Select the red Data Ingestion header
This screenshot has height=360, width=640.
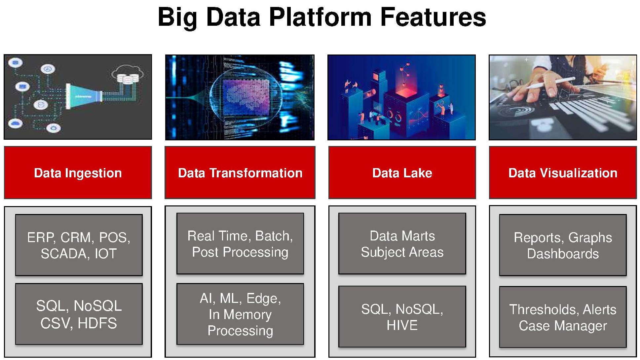78,173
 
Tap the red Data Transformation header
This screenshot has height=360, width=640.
240,173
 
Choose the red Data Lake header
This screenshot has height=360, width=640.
402,173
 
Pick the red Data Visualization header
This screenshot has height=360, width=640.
563,173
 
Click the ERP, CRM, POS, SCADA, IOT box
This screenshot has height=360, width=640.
79,245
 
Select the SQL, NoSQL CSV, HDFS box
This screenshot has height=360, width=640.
79,314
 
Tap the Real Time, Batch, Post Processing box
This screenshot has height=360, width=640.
240,244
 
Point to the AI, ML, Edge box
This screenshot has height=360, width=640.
240,314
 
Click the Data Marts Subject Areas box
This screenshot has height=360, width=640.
402,244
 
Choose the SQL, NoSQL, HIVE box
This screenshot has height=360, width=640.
402,317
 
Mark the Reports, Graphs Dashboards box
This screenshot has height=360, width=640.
563,245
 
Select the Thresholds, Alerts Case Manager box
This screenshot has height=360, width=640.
563,317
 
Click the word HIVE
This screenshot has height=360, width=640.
402,325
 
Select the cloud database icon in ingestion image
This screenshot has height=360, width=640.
128,75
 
